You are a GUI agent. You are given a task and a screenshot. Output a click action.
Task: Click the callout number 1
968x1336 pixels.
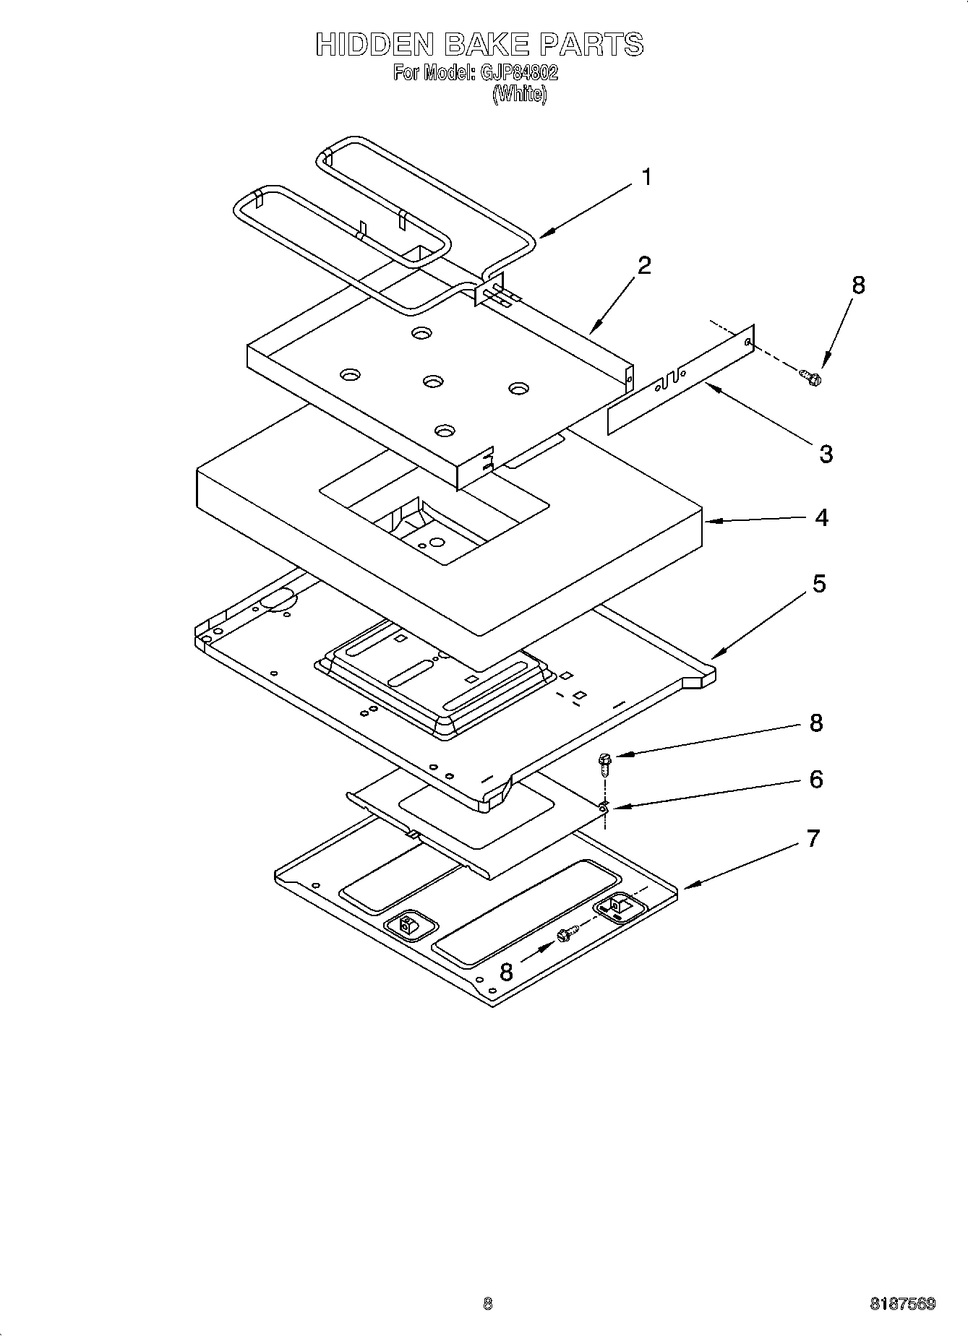(646, 177)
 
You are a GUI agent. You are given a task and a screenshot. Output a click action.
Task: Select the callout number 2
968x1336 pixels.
(643, 265)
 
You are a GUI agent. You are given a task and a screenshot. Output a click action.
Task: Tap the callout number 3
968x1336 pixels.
(826, 454)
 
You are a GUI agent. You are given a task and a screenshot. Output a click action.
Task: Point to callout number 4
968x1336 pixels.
(821, 517)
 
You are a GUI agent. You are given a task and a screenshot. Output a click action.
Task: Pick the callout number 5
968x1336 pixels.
(818, 583)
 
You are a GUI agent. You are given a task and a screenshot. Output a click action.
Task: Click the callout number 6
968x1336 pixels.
(816, 779)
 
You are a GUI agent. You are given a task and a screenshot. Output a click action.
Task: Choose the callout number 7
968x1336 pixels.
(813, 839)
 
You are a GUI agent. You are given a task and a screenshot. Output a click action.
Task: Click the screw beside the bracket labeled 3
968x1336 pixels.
(812, 376)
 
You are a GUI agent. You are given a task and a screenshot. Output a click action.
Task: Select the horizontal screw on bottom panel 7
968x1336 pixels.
(565, 935)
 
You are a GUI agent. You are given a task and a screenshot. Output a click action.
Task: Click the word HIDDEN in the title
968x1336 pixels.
(373, 45)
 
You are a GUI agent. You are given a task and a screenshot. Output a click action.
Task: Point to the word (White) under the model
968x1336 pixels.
(519, 94)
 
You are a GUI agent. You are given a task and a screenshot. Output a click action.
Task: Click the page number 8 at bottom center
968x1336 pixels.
(487, 1304)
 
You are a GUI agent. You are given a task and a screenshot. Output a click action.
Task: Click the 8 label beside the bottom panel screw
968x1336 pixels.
(506, 972)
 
